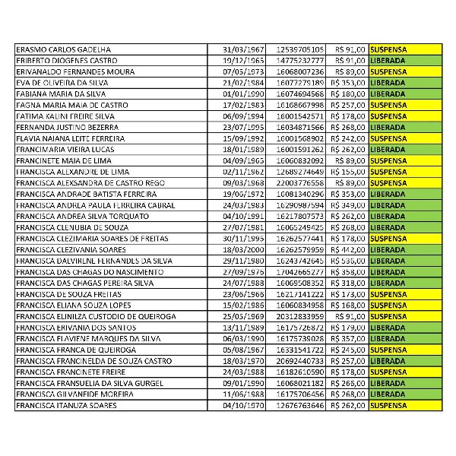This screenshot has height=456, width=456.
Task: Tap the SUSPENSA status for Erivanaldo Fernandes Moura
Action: pos(388,71)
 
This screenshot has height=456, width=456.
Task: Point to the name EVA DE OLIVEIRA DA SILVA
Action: pos(64,82)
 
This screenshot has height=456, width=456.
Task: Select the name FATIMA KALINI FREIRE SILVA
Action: pos(68,116)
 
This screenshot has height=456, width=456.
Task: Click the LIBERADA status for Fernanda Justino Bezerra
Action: pos(388,127)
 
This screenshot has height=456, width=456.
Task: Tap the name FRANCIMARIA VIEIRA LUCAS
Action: pos(65,150)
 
